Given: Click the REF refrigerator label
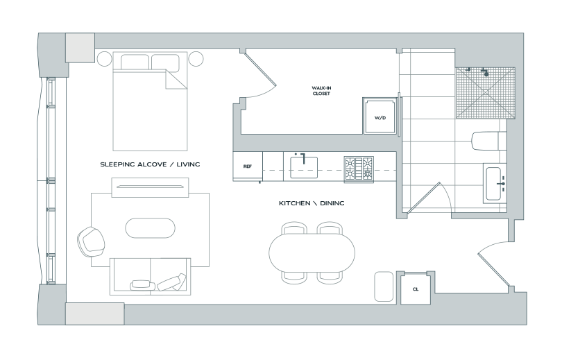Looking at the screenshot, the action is click(x=247, y=166).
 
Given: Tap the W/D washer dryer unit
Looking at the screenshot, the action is click(x=380, y=116).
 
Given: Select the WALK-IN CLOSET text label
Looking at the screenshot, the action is click(x=321, y=91).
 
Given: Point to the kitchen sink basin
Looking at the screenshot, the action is click(x=304, y=167).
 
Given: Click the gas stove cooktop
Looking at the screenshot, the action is click(x=359, y=169).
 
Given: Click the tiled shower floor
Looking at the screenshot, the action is click(x=485, y=93).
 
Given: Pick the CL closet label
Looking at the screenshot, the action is click(x=416, y=289).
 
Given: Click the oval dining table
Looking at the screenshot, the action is click(x=312, y=252).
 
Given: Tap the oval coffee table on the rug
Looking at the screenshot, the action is click(x=150, y=228).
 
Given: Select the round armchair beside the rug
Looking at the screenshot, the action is click(x=91, y=242).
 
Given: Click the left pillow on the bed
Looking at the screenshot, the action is click(x=135, y=62).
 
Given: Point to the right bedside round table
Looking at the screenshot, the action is click(x=196, y=59).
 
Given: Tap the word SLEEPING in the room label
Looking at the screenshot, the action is click(x=117, y=164).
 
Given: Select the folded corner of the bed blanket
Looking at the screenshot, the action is click(x=176, y=80).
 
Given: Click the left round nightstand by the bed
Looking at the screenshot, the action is click(x=104, y=58).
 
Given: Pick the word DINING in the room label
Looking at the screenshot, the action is click(x=332, y=203).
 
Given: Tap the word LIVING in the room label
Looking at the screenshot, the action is click(x=188, y=164).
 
